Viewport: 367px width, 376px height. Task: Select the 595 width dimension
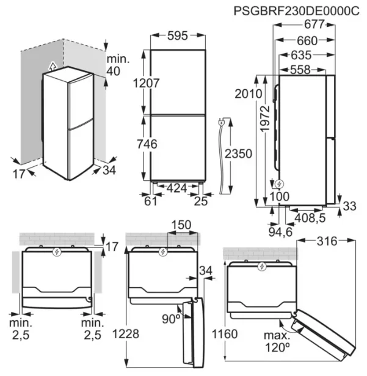(176, 36)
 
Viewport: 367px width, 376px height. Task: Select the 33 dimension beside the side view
(349, 207)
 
